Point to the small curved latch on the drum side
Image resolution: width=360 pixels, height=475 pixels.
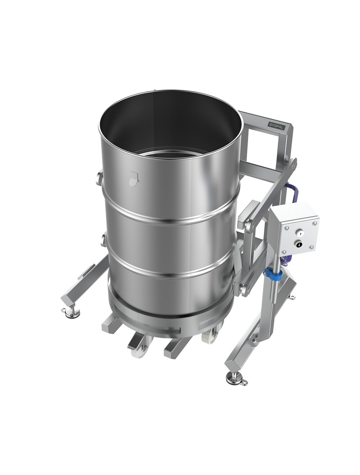(x=134, y=178)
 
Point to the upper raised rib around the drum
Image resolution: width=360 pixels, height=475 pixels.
(x=169, y=215)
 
